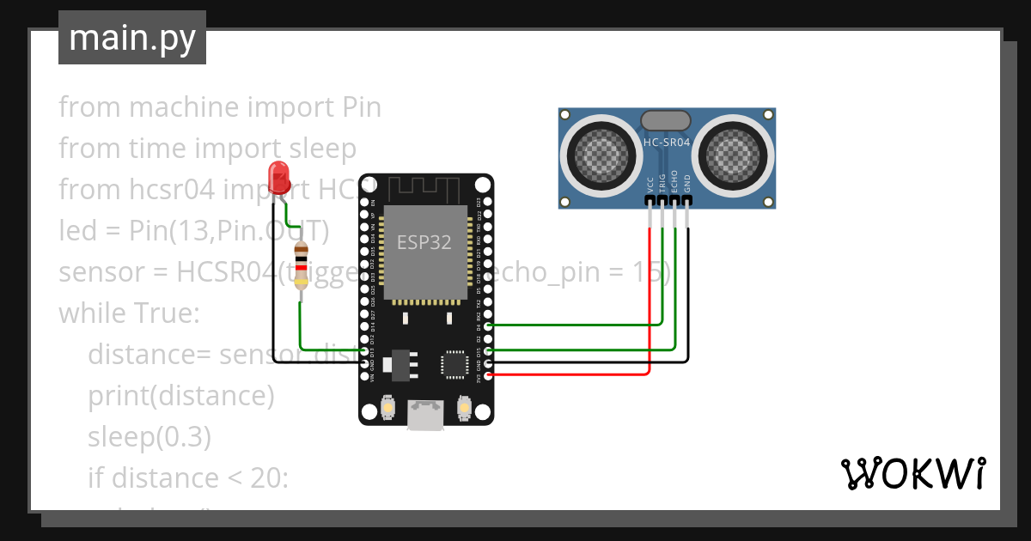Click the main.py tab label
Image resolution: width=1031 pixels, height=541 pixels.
(x=131, y=38)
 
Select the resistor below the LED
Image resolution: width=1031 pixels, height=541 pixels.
(x=301, y=267)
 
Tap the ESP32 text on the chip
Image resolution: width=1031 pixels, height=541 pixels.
(x=424, y=242)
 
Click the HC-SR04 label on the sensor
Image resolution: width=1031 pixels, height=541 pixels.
(x=667, y=143)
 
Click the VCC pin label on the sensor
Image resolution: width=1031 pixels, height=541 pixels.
(x=650, y=185)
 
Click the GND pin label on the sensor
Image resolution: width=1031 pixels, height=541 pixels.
(x=686, y=185)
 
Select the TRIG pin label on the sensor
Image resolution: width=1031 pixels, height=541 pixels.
(x=662, y=185)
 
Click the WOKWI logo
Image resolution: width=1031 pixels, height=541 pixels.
(x=912, y=473)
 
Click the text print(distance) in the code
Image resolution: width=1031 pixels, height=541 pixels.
(x=180, y=396)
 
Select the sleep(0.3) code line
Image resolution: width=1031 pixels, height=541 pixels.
(x=149, y=437)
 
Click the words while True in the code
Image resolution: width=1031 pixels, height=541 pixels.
(x=129, y=313)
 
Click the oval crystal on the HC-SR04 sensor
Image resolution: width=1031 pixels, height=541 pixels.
(x=666, y=120)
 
